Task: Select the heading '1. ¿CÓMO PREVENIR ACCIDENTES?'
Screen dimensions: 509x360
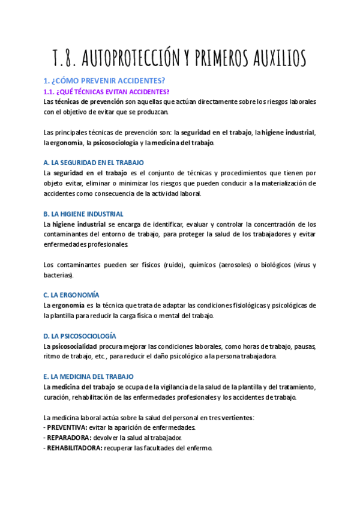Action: pos(104,80)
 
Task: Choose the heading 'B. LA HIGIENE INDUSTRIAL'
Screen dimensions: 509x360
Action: pos(83,214)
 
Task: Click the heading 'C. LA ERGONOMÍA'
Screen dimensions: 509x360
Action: pos(71,295)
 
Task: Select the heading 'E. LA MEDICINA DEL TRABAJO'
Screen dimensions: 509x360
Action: pos(89,376)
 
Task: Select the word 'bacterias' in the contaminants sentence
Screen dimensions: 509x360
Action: pos(58,275)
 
